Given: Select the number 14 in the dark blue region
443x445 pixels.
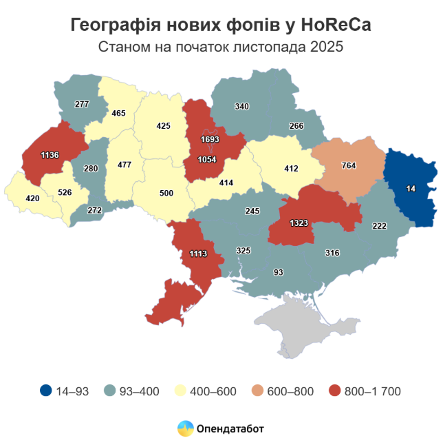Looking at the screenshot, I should (411, 188).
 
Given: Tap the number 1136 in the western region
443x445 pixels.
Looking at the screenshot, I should (50, 156).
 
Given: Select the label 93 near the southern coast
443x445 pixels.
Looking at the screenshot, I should (279, 273).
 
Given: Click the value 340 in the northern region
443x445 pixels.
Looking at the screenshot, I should (242, 107).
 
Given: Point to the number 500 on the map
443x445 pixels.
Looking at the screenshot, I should (166, 193).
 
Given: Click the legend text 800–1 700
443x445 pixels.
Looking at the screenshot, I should (371, 391).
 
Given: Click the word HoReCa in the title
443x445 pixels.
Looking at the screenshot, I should (332, 25).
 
